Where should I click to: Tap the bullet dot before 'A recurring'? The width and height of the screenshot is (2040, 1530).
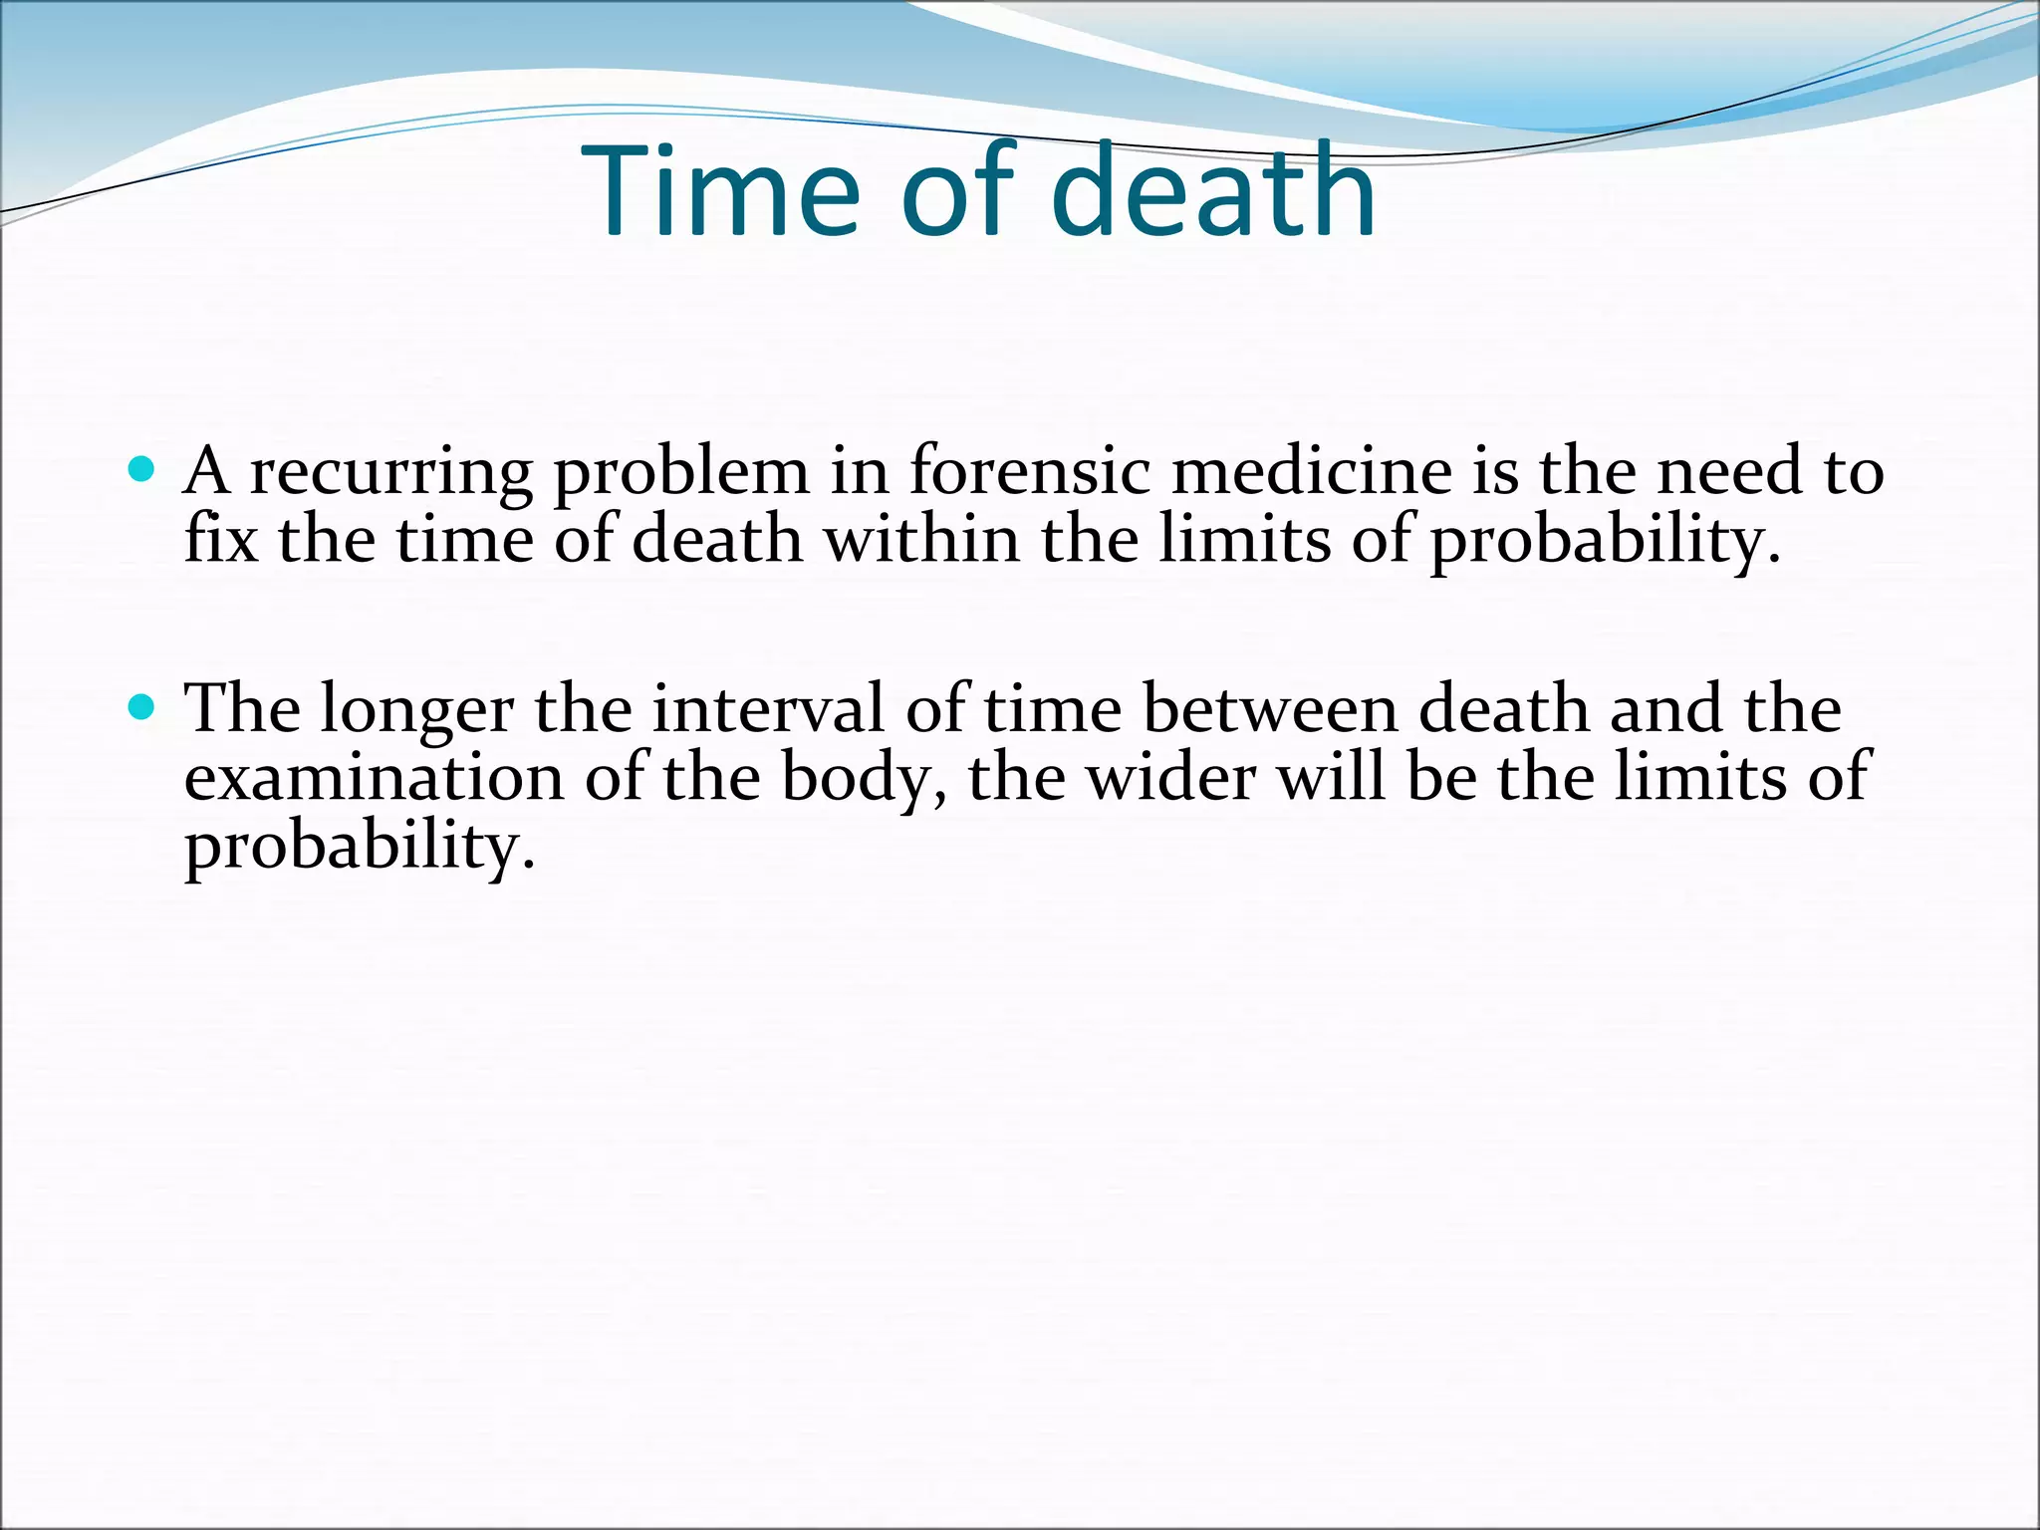[x=142, y=469]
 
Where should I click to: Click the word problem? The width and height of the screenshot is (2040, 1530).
[x=681, y=473]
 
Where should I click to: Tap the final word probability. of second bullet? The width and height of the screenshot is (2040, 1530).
[x=360, y=848]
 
